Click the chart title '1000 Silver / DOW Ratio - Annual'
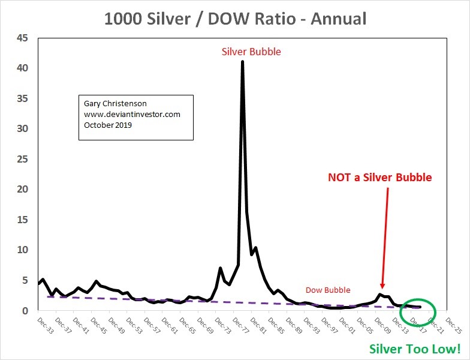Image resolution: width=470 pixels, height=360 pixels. click(235, 18)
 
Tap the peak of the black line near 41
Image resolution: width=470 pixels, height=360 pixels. click(242, 61)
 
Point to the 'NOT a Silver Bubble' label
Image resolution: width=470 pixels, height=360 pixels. click(379, 178)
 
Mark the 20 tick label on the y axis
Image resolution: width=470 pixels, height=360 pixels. click(22, 190)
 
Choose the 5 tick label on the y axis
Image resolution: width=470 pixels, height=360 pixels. click(25, 280)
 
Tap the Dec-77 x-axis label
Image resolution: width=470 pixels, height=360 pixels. click(239, 325)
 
